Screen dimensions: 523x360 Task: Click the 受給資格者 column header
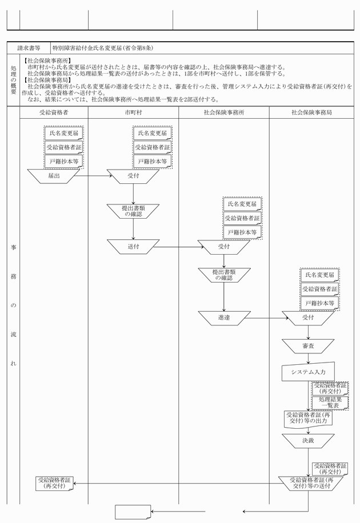(x=54, y=112)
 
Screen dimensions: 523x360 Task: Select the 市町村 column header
(x=134, y=112)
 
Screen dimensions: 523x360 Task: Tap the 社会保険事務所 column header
(x=224, y=112)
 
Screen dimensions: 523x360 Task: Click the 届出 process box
(x=54, y=176)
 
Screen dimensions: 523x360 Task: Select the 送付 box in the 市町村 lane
(x=133, y=247)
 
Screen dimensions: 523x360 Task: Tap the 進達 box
(x=224, y=317)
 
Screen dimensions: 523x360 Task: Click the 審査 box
(x=308, y=346)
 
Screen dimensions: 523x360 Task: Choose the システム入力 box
(x=307, y=372)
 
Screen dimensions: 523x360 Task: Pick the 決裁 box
(x=308, y=441)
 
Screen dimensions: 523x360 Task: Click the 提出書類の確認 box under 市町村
(x=133, y=211)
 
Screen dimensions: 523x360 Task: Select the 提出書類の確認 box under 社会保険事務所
(x=224, y=275)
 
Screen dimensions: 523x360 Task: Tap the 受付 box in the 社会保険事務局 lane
(x=308, y=317)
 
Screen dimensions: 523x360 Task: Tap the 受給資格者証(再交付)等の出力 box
(x=308, y=419)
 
